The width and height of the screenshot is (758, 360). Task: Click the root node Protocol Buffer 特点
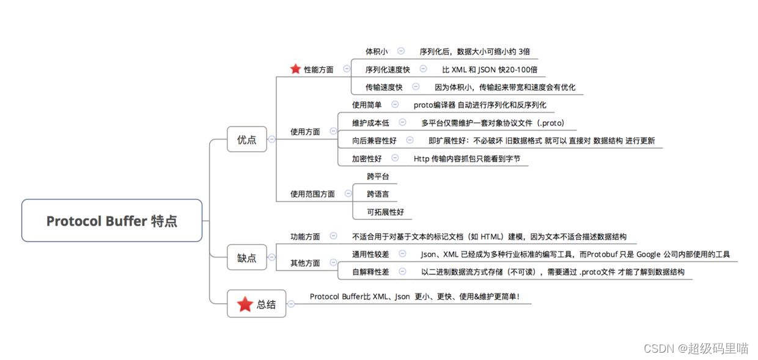tap(112, 221)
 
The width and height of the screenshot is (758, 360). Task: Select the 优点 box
tap(247, 139)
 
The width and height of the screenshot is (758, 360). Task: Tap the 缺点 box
tap(247, 258)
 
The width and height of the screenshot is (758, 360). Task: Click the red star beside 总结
tap(245, 304)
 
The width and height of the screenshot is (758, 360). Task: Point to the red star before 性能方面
tap(295, 69)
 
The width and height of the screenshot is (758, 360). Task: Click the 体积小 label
tap(377, 52)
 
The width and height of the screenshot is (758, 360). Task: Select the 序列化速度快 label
tap(388, 70)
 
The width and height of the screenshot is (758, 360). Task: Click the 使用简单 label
tap(367, 105)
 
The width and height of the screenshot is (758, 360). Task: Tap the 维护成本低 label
tap(370, 123)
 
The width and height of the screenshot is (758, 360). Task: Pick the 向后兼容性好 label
tap(374, 141)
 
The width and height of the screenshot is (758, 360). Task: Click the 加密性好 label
tap(367, 158)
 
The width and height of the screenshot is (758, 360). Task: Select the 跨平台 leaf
tap(378, 176)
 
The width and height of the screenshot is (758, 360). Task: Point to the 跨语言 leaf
tap(378, 194)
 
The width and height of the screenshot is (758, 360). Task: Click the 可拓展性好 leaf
tap(385, 212)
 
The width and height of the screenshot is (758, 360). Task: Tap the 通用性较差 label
tap(370, 254)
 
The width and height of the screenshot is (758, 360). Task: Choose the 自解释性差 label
tap(370, 272)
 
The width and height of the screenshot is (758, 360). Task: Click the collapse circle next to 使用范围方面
tap(348, 193)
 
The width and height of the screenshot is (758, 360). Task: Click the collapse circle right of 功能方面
tap(333, 235)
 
